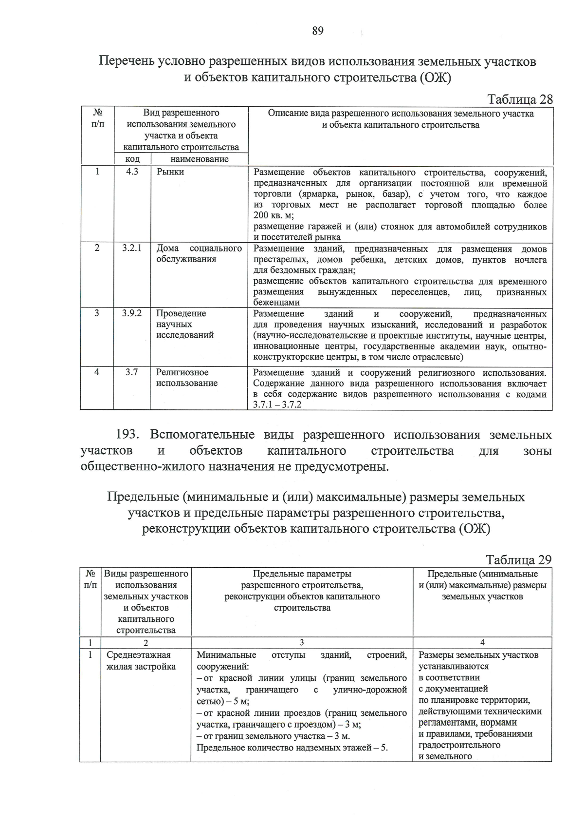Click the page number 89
[317, 31]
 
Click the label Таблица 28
[520, 99]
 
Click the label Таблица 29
[518, 559]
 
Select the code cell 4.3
[132, 172]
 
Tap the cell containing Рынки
[170, 172]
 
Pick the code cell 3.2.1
[132, 248]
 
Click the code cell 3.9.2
[132, 313]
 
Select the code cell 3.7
[132, 372]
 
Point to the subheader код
[132, 159]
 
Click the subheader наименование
[199, 159]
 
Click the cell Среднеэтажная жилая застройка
[141, 661]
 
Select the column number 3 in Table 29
[302, 643]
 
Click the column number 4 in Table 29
[482, 643]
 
